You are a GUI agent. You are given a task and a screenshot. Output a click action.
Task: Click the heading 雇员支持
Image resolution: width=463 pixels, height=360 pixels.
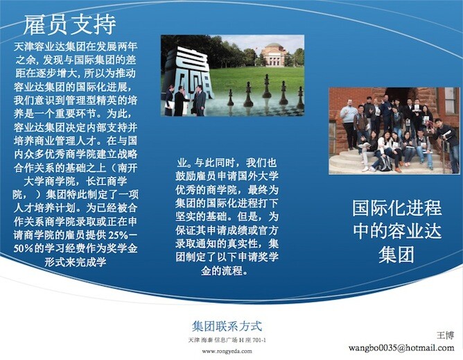pos(70,25)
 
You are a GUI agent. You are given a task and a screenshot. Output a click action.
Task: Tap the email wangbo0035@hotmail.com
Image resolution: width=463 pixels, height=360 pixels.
pos(401,348)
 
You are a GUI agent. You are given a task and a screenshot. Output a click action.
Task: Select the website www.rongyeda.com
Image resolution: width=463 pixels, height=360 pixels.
pos(227,351)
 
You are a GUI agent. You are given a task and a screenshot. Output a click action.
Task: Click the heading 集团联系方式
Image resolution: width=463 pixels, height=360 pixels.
pos(227,326)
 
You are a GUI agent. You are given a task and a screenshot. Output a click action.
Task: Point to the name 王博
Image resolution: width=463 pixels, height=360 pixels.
pos(445,335)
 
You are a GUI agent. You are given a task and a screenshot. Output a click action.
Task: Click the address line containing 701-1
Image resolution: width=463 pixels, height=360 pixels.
pos(227,340)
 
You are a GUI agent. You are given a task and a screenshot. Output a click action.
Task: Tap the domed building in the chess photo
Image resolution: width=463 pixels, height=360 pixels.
pos(274,54)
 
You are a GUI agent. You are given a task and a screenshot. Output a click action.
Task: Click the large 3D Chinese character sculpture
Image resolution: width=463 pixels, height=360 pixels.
pos(190,72)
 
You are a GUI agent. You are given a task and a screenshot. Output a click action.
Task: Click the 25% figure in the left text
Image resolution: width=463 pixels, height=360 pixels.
pos(118,235)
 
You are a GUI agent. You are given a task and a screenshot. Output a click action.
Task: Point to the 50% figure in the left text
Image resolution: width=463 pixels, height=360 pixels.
pos(23,248)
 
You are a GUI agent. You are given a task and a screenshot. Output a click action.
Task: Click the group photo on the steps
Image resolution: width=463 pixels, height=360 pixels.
pos(394,130)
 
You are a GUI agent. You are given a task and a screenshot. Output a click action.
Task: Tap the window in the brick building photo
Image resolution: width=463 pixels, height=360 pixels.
pos(451,100)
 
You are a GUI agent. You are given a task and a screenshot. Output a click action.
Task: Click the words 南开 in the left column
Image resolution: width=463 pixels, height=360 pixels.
pos(128,168)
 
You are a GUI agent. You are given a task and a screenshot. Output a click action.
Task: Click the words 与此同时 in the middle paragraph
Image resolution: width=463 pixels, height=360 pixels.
pos(215,163)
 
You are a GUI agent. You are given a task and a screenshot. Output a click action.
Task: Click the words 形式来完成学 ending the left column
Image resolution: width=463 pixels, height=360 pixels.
pos(76,262)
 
